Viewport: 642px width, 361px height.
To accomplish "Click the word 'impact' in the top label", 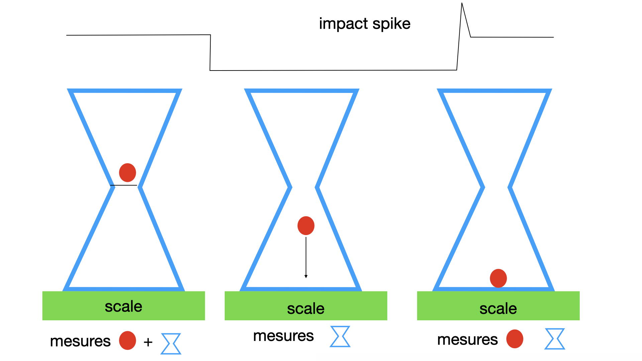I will pyautogui.click(x=343, y=24).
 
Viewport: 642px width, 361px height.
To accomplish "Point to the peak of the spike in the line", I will pyautogui.click(x=462, y=4).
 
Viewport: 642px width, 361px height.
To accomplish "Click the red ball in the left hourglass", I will pyautogui.click(x=127, y=172).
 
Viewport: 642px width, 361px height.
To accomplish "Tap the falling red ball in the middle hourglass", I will pyautogui.click(x=306, y=226).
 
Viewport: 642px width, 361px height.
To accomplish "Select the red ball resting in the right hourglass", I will pyautogui.click(x=498, y=278).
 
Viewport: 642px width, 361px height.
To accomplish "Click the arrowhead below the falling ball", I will pyautogui.click(x=306, y=276).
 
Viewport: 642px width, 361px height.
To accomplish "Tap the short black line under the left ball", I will pyautogui.click(x=124, y=185).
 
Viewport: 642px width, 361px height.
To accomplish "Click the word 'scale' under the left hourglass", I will pyautogui.click(x=123, y=306).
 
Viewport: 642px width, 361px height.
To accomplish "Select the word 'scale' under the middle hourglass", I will pyautogui.click(x=306, y=309).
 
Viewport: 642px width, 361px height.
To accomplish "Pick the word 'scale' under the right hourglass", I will pyautogui.click(x=498, y=309).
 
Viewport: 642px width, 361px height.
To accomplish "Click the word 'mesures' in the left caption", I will pyautogui.click(x=80, y=341).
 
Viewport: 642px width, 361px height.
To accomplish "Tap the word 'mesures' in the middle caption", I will pyautogui.click(x=283, y=336).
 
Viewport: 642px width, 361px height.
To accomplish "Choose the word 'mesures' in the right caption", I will pyautogui.click(x=467, y=340).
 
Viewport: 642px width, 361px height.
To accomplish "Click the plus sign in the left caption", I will pyautogui.click(x=148, y=342).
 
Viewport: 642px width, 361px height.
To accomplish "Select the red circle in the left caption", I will pyautogui.click(x=127, y=341).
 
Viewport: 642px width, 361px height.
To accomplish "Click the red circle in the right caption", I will pyautogui.click(x=515, y=339).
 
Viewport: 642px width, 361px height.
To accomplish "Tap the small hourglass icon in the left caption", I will pyautogui.click(x=171, y=344).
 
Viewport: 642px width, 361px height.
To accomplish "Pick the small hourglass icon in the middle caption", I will pyautogui.click(x=340, y=337).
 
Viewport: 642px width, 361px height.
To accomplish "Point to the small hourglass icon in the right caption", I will pyautogui.click(x=555, y=339).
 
